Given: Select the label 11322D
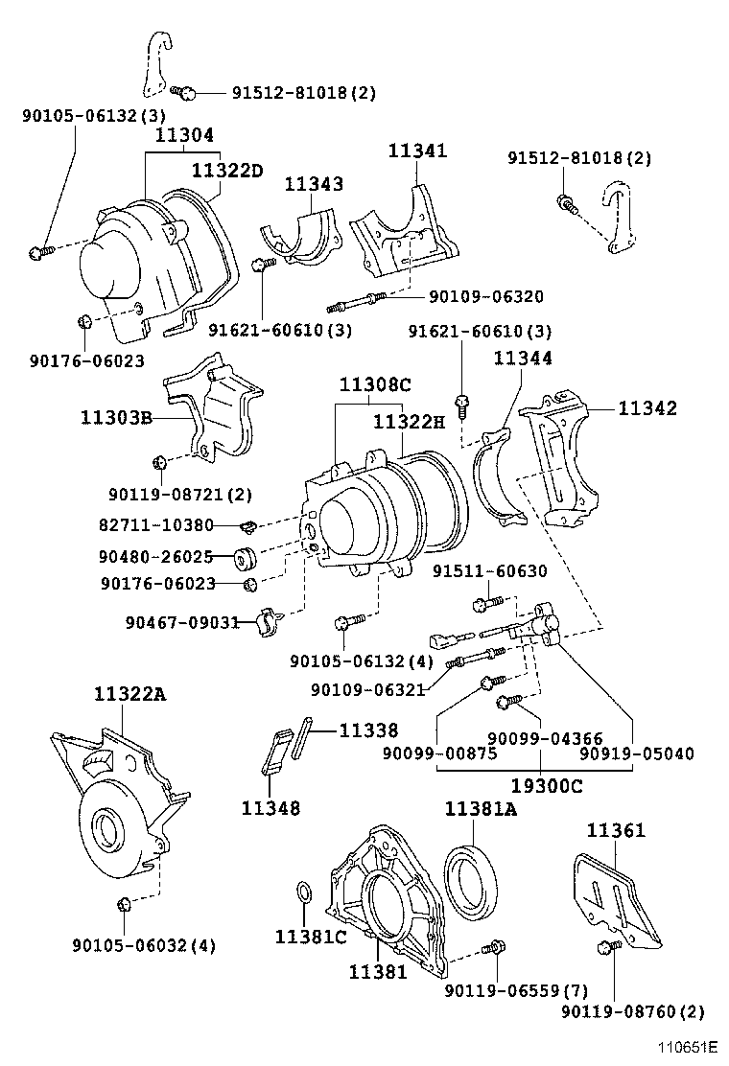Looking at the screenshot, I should click(x=226, y=171).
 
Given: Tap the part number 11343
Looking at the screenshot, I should click(x=313, y=184).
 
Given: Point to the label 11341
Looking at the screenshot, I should click(x=417, y=151).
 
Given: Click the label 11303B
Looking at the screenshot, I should click(x=116, y=418).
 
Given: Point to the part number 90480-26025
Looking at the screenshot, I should click(x=155, y=555).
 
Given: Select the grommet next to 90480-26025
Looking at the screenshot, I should click(x=243, y=555).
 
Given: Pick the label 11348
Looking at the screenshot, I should click(x=270, y=808).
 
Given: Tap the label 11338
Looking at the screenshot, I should click(x=367, y=730).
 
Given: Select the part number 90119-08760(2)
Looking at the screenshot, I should click(x=632, y=1011).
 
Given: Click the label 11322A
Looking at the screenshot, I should click(x=129, y=694).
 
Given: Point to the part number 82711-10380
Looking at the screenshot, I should click(x=155, y=525).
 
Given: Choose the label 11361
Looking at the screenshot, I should click(x=616, y=831).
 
